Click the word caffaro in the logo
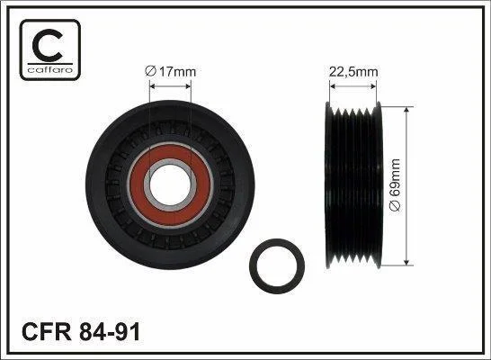point(50,70)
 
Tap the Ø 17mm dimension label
point(170,72)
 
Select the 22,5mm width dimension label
point(353,72)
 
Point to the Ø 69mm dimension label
point(394,184)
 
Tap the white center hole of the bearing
point(170,184)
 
